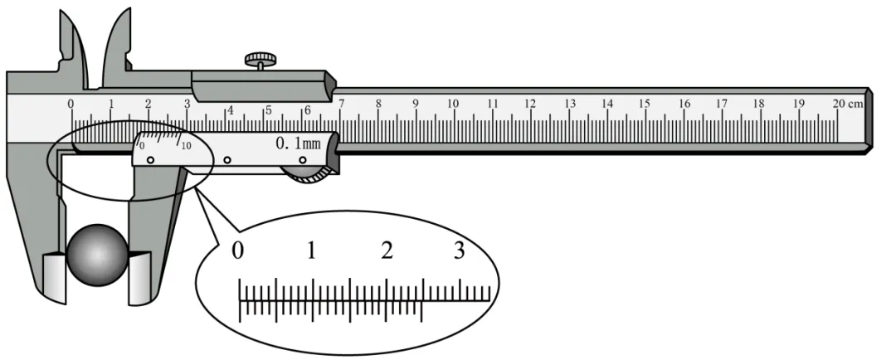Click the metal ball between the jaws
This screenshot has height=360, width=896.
97,255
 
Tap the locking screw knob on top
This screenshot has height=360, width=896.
261,58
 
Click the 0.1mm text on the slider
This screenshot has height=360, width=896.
298,143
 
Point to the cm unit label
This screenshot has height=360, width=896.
856,104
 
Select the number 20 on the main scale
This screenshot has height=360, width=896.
839,104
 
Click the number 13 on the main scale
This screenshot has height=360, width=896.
569,104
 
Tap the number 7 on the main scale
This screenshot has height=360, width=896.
341,104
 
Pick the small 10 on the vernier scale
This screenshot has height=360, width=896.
187,146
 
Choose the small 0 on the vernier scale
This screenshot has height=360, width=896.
142,146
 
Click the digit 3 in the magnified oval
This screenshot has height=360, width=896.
460,251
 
